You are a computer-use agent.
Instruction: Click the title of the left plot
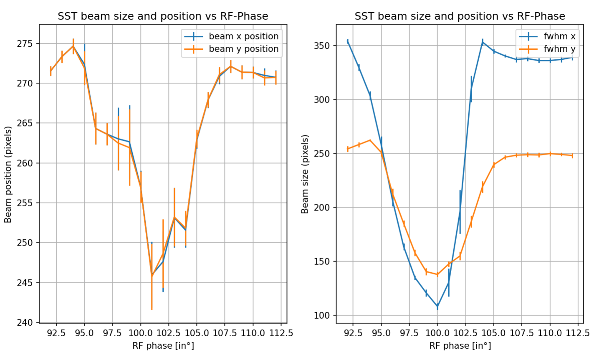pos(163,16)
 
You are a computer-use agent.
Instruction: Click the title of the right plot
pos(460,16)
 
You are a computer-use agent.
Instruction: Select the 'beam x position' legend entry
pos(243,36)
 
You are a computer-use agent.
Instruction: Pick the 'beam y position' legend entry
pos(243,49)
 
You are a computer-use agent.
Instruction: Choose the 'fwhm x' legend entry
pos(559,36)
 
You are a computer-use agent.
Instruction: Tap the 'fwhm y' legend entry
pos(559,49)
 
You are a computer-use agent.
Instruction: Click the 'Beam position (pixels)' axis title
pos(8,174)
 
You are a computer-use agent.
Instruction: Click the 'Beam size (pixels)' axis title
pos(305,174)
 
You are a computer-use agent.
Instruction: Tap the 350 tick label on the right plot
pos(322,46)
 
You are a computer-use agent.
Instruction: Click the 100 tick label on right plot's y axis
pos(322,315)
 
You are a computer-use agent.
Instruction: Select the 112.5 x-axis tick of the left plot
pos(281,333)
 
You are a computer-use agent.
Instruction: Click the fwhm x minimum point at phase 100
pos(437,307)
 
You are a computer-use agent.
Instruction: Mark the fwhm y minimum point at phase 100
pos(437,274)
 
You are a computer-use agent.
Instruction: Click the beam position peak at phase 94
pos(73,46)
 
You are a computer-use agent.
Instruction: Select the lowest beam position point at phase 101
pos(152,275)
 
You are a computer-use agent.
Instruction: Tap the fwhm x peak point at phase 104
pos(483,42)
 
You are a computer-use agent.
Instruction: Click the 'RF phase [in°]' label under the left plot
pos(163,346)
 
